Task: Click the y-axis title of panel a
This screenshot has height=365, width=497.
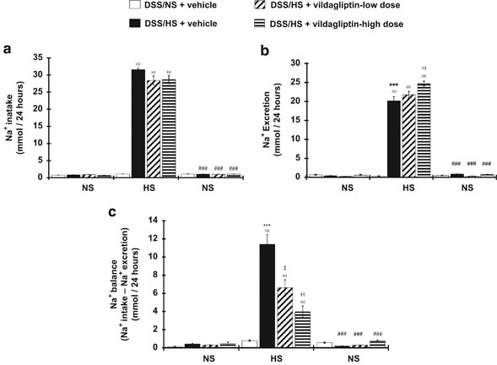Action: (14, 116)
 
